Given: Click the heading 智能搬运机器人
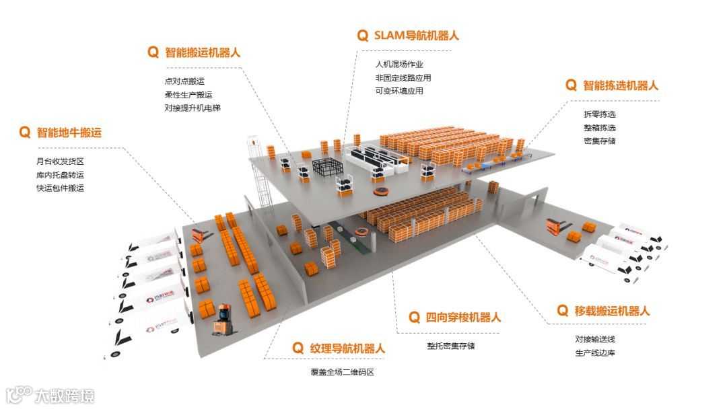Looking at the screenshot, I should coord(203,52).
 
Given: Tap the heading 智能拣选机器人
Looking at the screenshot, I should coord(620,85).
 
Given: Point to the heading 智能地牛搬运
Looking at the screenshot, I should coord(69,133).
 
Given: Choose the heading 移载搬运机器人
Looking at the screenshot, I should coord(612,311).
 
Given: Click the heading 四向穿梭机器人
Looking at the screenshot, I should coord(464,318).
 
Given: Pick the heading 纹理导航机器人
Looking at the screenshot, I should coord(347,348).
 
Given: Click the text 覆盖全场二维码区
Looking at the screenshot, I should coord(337,372).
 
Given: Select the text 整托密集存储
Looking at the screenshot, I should coord(450,346).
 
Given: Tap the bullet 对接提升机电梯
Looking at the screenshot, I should coord(193,108).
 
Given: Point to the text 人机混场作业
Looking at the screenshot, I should coord(399,65).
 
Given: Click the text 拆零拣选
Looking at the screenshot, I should coord(599,114).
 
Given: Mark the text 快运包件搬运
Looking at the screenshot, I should coord(60,188).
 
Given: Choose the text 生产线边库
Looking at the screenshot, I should coord(594,352).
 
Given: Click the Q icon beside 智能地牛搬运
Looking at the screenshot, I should coord(25,133).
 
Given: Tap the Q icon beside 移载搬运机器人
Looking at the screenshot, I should coord(563,310).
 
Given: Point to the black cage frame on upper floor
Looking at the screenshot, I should coord(326,168).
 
